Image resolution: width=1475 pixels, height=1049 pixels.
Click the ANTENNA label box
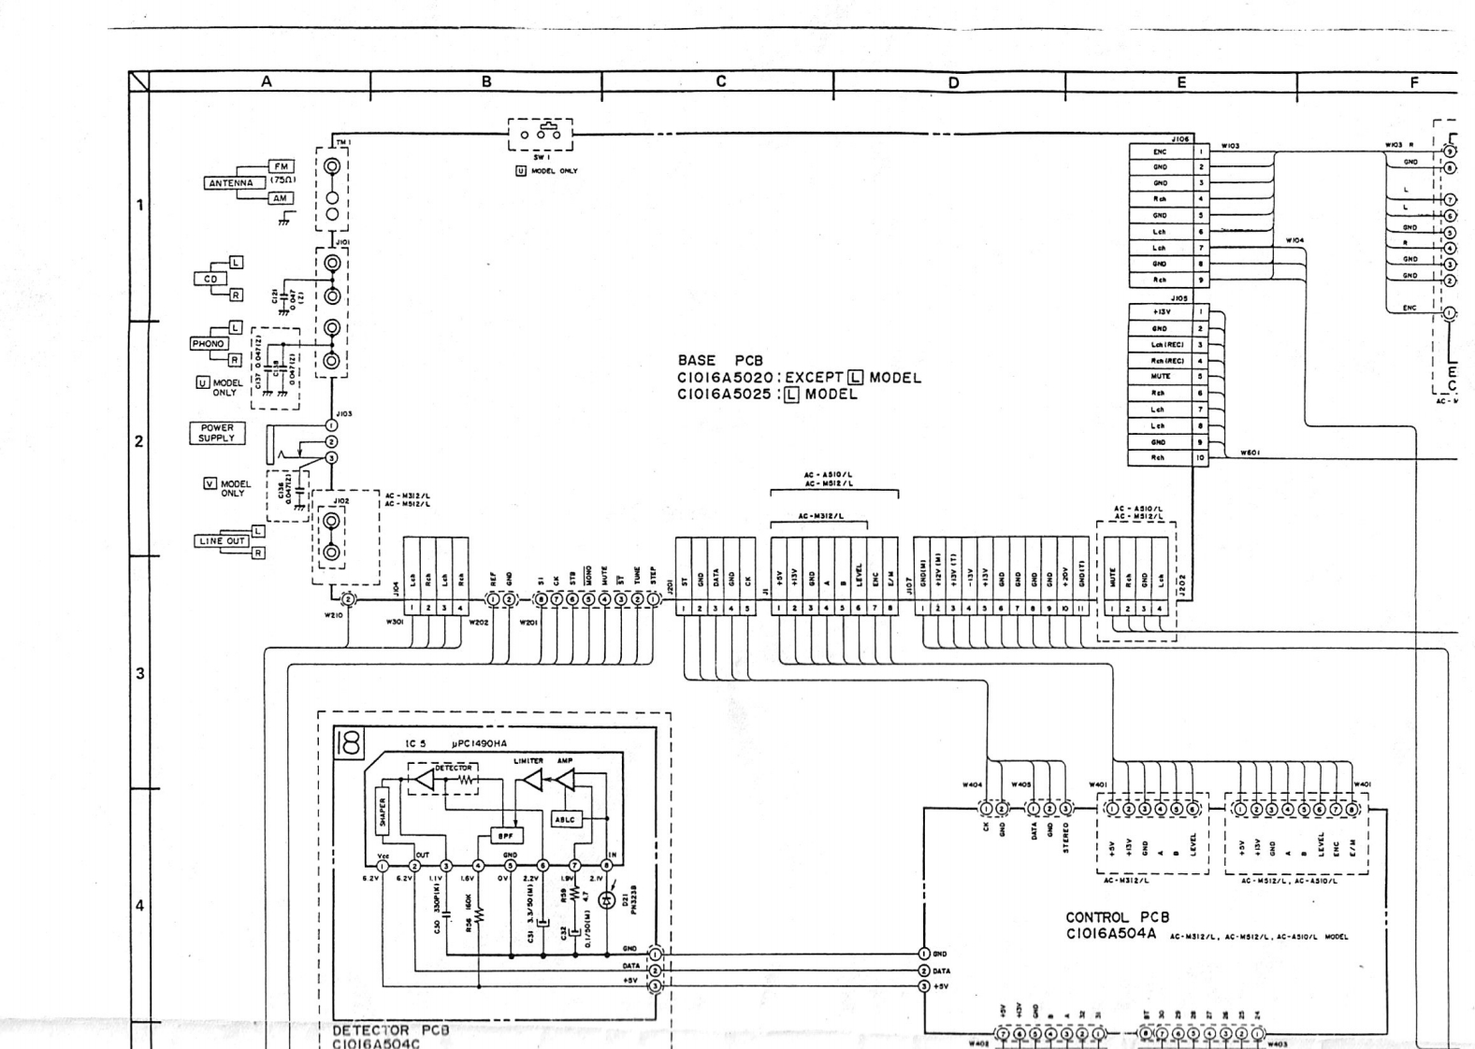[x=230, y=183]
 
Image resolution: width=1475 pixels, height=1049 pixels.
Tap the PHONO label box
[x=208, y=344]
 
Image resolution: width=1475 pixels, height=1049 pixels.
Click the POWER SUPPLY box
[x=217, y=433]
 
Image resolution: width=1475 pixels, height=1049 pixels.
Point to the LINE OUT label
[x=222, y=541]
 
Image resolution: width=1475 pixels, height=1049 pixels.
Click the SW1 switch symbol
[x=541, y=136]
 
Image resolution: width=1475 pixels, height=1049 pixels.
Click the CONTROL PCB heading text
[x=1118, y=918]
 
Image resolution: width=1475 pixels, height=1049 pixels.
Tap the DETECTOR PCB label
[x=391, y=1030]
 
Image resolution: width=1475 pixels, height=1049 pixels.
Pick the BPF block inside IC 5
[x=506, y=836]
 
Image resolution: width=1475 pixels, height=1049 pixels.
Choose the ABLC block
[x=566, y=819]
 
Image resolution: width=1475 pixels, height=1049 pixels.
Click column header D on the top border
[x=952, y=82]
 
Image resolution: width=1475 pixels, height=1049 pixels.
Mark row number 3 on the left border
[x=139, y=673]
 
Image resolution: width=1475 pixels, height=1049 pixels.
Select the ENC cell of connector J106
[x=1160, y=151]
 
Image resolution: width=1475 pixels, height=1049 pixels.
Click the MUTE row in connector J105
[x=1160, y=377]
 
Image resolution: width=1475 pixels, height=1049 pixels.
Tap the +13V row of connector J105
[x=1160, y=312]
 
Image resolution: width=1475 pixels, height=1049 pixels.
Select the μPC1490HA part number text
[x=480, y=744]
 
